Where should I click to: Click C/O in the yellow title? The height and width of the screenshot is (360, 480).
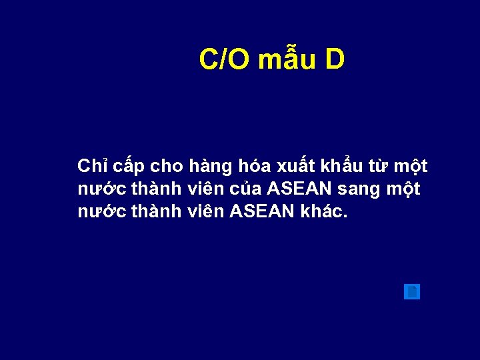[225, 60]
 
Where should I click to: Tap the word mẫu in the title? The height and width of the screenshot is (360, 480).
[286, 60]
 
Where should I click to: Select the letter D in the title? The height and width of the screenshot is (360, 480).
[335, 60]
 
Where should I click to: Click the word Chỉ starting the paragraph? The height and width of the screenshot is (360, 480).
[91, 165]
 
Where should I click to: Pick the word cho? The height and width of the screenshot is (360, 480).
[169, 165]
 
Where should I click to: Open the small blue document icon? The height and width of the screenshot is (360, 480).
[412, 292]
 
